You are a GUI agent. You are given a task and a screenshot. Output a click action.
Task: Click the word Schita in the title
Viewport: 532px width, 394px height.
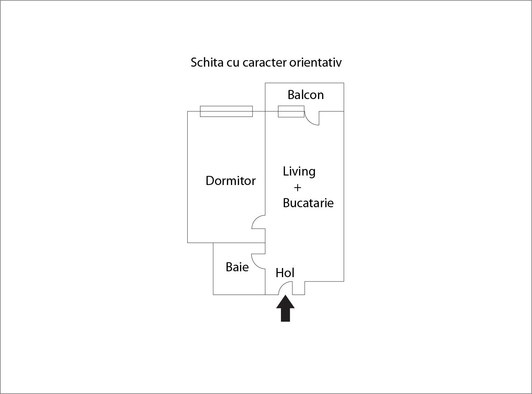(207, 62)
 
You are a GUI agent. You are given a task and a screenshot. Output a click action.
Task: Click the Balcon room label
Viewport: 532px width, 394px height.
(305, 95)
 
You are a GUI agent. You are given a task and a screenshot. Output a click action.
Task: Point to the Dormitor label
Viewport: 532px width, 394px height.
(230, 181)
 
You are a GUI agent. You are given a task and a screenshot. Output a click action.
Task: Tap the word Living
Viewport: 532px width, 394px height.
(299, 172)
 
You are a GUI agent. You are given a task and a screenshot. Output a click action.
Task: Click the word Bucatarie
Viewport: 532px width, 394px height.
(308, 203)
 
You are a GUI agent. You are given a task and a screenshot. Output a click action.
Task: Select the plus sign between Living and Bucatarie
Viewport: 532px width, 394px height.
(297, 188)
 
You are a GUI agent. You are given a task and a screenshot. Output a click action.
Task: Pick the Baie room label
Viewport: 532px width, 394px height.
(237, 267)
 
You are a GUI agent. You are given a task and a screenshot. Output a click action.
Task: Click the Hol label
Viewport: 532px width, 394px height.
(285, 273)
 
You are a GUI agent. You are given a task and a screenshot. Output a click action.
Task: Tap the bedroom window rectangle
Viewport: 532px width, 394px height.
(226, 111)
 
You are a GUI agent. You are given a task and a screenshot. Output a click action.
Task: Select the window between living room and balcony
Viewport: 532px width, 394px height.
(291, 111)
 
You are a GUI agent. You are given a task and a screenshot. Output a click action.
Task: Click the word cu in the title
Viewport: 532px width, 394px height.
(232, 63)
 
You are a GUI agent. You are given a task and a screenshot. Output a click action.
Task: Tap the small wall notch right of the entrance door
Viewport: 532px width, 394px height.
(298, 288)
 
